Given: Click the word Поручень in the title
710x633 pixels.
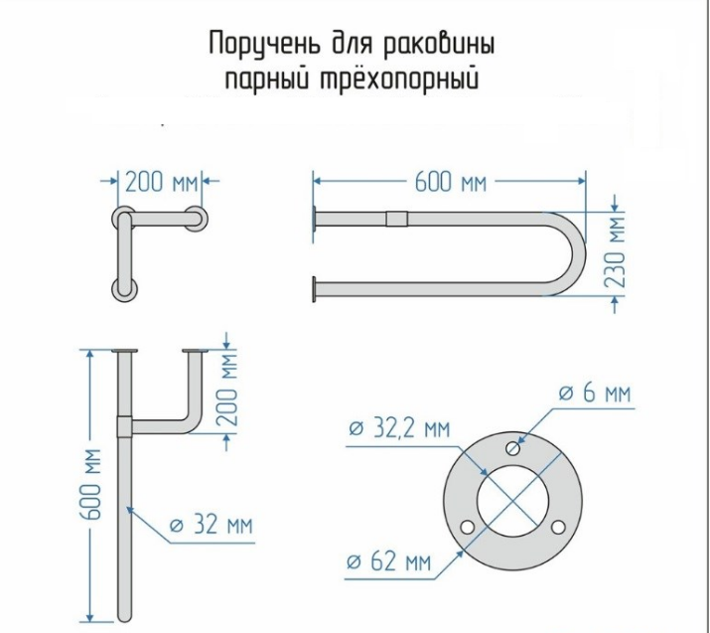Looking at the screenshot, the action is (263, 45).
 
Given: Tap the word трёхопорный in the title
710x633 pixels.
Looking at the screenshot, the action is (399, 79).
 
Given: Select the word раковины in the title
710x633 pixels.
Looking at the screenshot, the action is (438, 45).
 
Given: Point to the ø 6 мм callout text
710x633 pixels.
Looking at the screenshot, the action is (595, 393).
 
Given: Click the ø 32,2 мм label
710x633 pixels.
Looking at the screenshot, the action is (400, 428).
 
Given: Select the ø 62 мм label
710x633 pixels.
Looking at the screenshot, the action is (389, 561).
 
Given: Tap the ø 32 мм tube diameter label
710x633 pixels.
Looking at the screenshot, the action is (211, 525).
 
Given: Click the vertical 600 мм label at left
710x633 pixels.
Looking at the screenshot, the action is (91, 484).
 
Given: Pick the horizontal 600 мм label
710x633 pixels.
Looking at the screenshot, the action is (451, 183).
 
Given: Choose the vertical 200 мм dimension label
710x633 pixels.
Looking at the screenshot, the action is (226, 391).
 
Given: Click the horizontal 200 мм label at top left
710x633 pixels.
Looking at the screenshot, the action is (162, 183).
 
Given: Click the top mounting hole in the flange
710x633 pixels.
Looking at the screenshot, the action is (513, 448).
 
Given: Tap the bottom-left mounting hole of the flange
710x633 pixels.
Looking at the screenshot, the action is (468, 527).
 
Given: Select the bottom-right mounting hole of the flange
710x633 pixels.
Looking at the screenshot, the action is (558, 527).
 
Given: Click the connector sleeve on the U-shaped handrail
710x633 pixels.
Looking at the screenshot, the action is (396, 219).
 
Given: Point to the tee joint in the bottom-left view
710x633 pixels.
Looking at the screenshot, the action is (124, 426).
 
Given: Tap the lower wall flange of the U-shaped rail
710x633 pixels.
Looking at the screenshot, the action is (314, 288).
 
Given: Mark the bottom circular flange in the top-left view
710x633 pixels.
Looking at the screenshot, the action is (124, 289).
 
